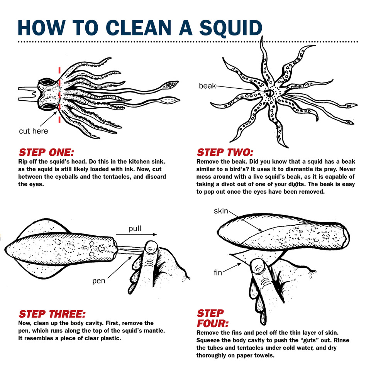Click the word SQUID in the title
(230, 28)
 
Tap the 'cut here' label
(34, 131)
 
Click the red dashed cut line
(59, 95)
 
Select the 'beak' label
(207, 86)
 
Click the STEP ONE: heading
(46, 152)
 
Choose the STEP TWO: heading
(225, 152)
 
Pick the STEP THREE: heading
(52, 314)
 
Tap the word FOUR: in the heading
(213, 323)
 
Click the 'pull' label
(135, 229)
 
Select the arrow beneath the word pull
(136, 235)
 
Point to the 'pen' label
(98, 280)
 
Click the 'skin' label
(221, 211)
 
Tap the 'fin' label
(218, 272)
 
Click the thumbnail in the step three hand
(151, 248)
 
